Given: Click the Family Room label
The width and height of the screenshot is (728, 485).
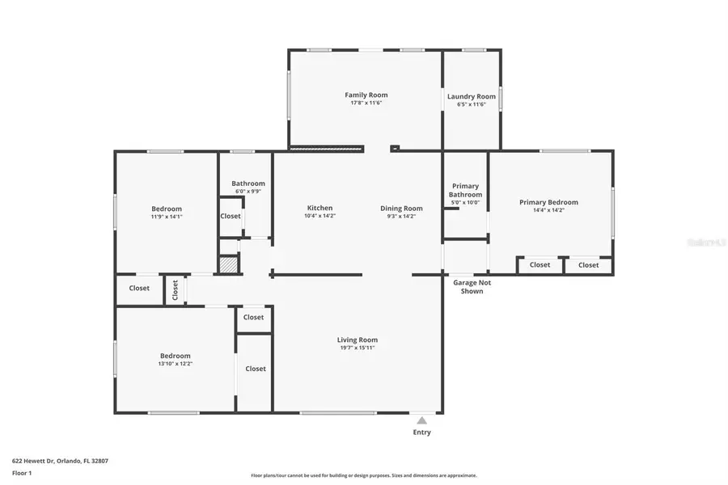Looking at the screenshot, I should click(366, 95).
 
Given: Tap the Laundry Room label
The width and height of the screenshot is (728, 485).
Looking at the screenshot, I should click(472, 96).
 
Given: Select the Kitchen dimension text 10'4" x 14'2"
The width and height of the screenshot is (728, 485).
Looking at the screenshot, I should click(320, 216).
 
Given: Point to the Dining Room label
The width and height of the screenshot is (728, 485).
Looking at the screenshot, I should click(401, 209).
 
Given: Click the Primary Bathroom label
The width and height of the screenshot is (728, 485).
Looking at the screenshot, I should click(466, 190).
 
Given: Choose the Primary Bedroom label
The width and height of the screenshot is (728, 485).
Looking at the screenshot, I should click(548, 202).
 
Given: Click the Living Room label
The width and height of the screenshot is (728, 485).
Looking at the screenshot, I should click(358, 339).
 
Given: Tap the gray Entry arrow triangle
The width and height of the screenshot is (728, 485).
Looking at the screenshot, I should click(421, 420).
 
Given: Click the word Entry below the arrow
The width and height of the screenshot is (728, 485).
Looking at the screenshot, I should click(421, 432).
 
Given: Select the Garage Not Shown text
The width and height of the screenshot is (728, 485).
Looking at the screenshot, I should click(472, 287).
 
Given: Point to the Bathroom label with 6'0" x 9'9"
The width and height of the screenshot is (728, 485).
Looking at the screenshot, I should click(248, 183).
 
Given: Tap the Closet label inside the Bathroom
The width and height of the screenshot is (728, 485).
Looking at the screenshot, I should click(231, 216).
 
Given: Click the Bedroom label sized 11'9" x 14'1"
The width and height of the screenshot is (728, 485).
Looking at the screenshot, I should click(167, 209).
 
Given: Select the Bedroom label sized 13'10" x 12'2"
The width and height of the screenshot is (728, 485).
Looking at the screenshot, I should click(175, 356).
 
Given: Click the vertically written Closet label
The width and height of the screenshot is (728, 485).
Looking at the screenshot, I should click(175, 289).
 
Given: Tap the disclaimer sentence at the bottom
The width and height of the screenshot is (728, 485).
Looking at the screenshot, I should click(364, 475).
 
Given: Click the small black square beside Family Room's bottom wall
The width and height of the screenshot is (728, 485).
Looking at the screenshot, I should click(394, 148).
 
